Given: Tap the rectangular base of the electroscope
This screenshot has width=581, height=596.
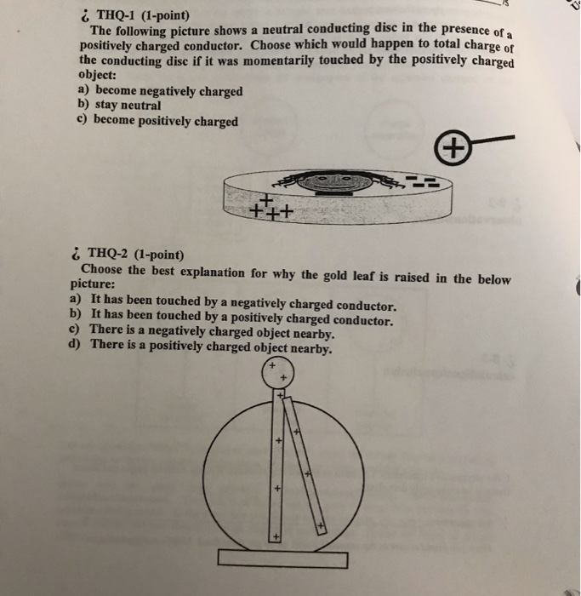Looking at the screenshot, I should coord(282,559).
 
